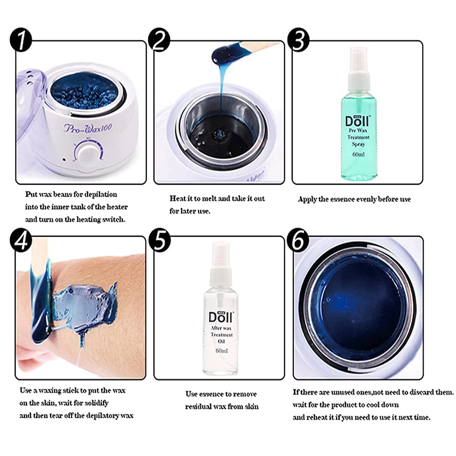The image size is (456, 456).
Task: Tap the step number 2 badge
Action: [x=159, y=40]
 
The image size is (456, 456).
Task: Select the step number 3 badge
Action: [x=298, y=40]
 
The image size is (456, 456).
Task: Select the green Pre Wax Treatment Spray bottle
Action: [x=359, y=114]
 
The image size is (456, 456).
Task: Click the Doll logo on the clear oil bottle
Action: [x=221, y=317]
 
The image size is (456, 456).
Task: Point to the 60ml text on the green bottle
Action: [x=358, y=155]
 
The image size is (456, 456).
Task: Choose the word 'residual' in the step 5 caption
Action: [x=198, y=406]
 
